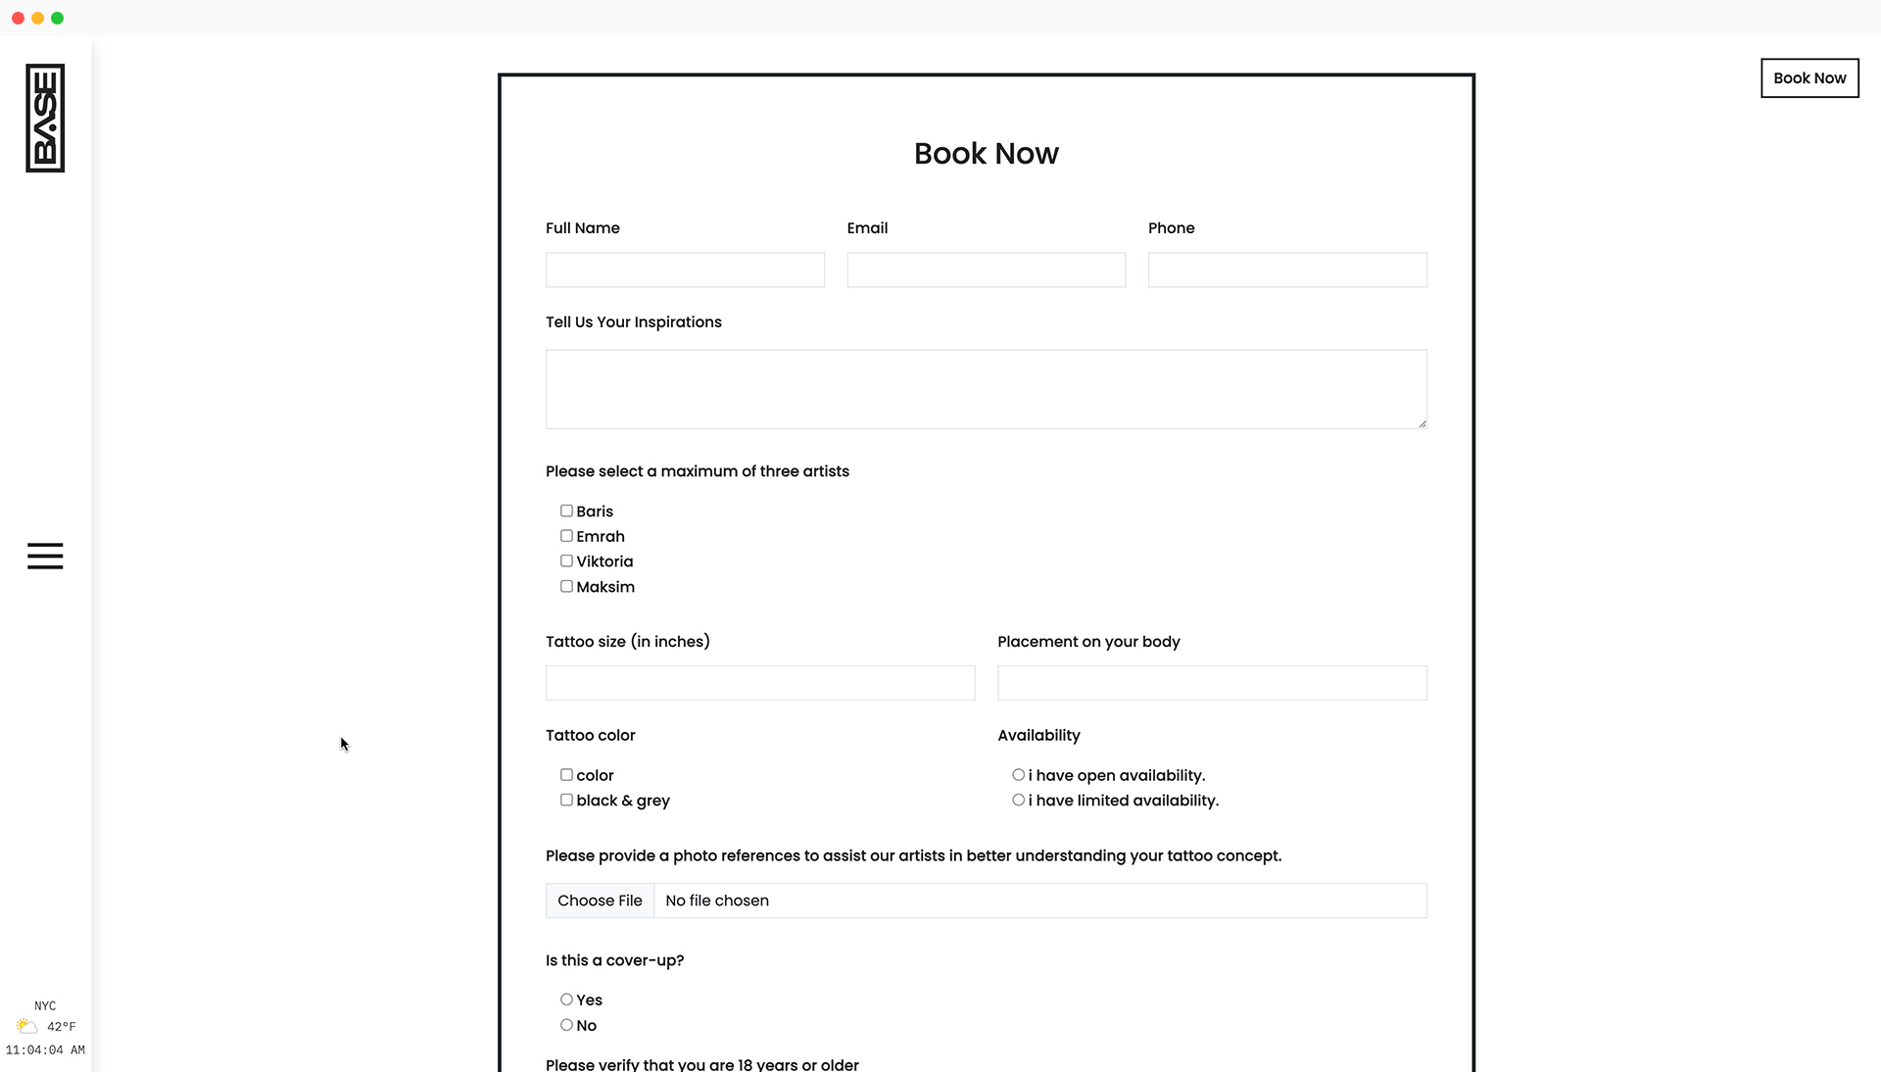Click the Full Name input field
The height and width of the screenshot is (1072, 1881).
pyautogui.click(x=685, y=269)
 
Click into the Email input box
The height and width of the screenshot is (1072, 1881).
pyautogui.click(x=986, y=269)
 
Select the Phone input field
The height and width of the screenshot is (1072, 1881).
pyautogui.click(x=1286, y=269)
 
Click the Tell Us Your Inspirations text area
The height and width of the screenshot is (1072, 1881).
pyautogui.click(x=986, y=389)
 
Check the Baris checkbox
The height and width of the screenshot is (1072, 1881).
pyautogui.click(x=566, y=511)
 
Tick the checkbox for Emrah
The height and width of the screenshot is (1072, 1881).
pyautogui.click(x=566, y=536)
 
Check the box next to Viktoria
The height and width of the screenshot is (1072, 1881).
pyautogui.click(x=566, y=561)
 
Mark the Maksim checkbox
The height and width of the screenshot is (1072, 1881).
pyautogui.click(x=566, y=587)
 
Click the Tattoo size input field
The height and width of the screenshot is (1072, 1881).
pyautogui.click(x=760, y=683)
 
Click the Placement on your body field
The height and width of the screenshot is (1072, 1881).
pyautogui.click(x=1212, y=683)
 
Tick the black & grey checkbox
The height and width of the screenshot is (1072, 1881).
pyautogui.click(x=566, y=801)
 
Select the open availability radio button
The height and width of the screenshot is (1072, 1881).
pyautogui.click(x=1019, y=775)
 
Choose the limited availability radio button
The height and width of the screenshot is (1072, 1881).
pyautogui.click(x=1019, y=801)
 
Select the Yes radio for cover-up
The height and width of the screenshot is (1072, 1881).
pyautogui.click(x=566, y=999)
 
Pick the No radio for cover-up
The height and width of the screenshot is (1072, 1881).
pyautogui.click(x=566, y=1025)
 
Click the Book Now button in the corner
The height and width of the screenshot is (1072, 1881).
pyautogui.click(x=1809, y=78)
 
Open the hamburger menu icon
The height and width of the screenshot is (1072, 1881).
pyautogui.click(x=45, y=556)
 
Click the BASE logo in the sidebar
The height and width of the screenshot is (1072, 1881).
pyautogui.click(x=45, y=119)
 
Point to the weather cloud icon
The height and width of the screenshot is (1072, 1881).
pyautogui.click(x=26, y=1026)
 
